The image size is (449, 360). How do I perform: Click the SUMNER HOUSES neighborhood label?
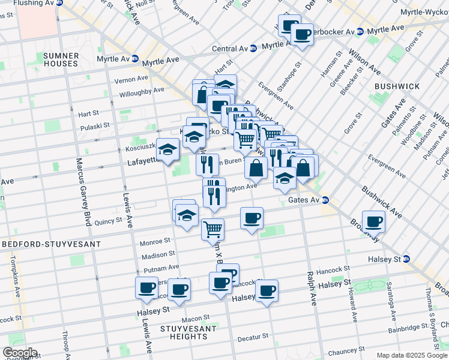[x=60, y=59]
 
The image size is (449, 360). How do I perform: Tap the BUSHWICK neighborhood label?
[x=397, y=86]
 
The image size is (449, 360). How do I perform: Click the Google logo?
[x=19, y=353]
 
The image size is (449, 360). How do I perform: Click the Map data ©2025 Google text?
[x=412, y=355]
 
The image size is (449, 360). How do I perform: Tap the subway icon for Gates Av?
[x=325, y=200]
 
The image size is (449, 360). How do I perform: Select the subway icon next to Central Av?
[x=253, y=48]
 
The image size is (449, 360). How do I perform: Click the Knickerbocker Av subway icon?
[x=360, y=31]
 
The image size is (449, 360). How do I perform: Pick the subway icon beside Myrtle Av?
[x=135, y=59]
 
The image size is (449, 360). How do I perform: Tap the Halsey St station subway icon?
[x=406, y=259]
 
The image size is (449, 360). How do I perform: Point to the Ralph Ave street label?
[x=312, y=288]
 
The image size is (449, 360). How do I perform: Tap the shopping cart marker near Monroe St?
[x=212, y=229]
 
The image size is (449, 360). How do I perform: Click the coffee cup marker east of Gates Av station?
[x=373, y=221]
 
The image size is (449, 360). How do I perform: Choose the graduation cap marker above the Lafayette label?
[x=167, y=149]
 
